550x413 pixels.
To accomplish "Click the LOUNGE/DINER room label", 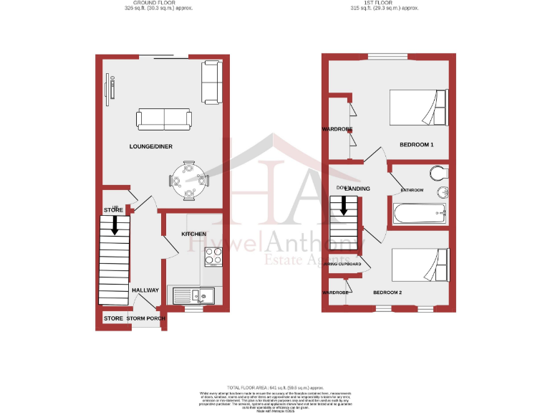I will click(150, 146).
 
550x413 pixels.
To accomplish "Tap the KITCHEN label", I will click(193, 234).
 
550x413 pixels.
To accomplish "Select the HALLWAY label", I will click(145, 290).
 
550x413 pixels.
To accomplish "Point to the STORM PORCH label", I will click(146, 318).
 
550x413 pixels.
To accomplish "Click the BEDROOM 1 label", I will click(417, 145).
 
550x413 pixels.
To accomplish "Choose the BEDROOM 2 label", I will click(387, 293).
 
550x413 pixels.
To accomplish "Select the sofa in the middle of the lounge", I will click(164, 119).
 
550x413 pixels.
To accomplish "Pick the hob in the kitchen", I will click(213, 257).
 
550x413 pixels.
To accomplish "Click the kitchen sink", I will click(193, 294).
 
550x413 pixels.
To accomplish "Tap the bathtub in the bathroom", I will click(420, 213).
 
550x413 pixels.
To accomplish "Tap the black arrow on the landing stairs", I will click(343, 206).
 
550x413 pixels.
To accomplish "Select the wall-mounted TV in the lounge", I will click(112, 89).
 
